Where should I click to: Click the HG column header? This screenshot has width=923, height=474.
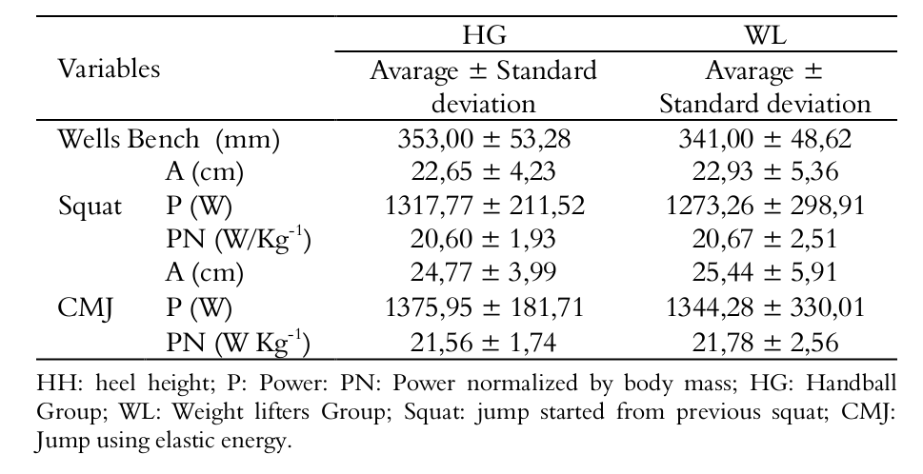(x=483, y=36)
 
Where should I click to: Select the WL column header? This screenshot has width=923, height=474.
(x=765, y=36)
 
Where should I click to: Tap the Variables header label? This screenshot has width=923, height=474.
(x=109, y=69)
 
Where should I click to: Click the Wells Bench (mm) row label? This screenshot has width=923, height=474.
(x=169, y=139)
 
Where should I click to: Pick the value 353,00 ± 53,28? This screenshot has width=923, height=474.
(x=483, y=139)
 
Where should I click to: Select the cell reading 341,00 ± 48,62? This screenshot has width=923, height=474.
(x=765, y=139)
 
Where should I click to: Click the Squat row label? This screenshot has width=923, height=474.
(x=90, y=207)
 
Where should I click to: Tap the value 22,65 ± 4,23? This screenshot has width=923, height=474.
(x=483, y=172)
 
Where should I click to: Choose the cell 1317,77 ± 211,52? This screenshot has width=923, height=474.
(x=483, y=207)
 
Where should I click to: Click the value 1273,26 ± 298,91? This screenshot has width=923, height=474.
(x=765, y=207)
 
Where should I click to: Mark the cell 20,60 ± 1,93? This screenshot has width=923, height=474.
(x=483, y=240)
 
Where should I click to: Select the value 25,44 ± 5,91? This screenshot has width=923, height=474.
(x=765, y=273)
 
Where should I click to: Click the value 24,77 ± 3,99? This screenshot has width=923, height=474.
(x=483, y=273)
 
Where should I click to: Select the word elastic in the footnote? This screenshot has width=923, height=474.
(x=201, y=441)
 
